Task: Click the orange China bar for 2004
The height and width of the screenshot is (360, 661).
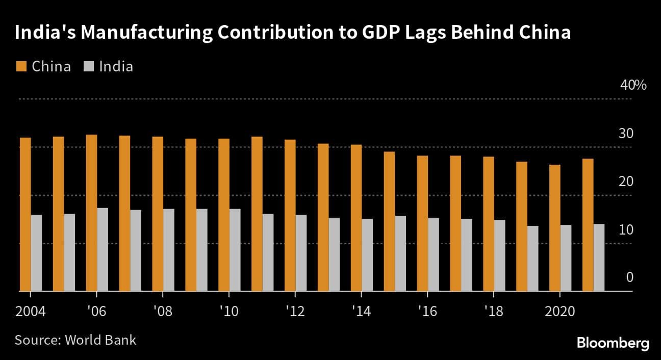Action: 25,214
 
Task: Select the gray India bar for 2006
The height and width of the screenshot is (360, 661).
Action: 103,249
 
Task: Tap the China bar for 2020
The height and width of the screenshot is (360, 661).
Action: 554,228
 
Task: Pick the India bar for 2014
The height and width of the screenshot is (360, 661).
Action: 367,255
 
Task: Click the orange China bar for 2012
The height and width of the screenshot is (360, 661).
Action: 290,215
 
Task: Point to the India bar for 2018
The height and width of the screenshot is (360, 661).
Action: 499,255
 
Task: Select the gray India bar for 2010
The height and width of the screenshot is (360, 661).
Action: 235,250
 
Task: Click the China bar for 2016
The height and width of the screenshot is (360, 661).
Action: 422,223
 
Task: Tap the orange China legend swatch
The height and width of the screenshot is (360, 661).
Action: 21,66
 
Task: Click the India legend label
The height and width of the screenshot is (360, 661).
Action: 116,66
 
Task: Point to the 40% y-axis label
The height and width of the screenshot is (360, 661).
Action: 633,85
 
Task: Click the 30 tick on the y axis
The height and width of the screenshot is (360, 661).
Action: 626,134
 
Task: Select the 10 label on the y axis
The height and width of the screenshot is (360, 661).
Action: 626,230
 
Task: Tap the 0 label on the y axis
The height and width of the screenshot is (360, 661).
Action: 629,277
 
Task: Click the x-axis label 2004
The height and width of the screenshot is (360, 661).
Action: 30,311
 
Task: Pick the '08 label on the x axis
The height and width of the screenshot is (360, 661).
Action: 162,311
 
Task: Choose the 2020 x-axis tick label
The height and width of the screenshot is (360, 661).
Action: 560,311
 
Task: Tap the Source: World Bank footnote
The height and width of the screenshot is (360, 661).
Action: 75,340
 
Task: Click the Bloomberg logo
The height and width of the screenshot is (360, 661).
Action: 613,343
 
